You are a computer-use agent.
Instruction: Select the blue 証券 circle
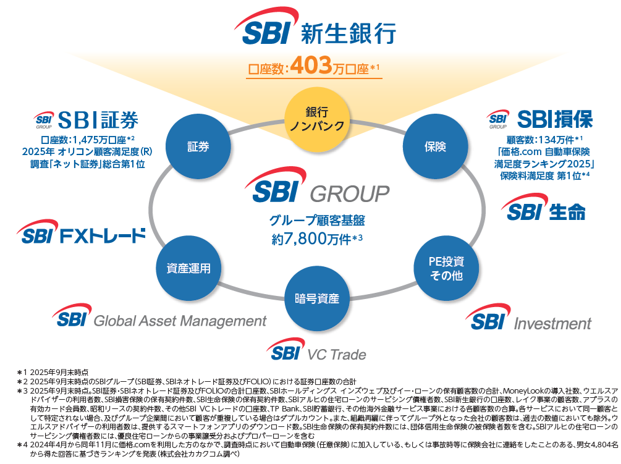(x=198, y=146)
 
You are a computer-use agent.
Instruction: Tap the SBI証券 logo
(x=86, y=119)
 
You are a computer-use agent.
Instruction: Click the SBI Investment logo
(x=529, y=319)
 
